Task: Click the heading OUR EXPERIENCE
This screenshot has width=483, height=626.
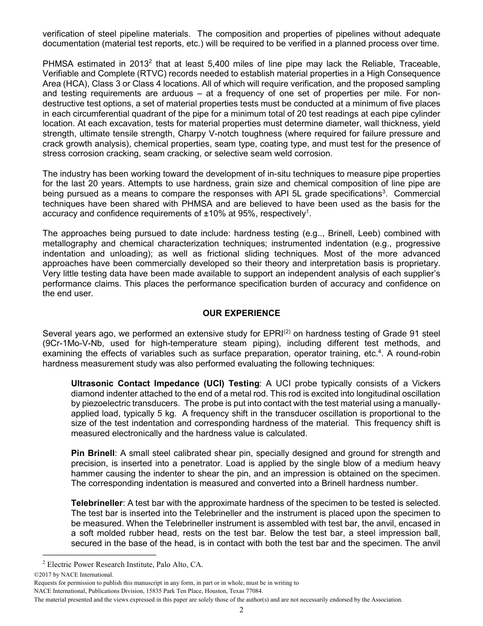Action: (x=241, y=313)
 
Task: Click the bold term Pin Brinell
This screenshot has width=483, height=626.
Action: (x=93, y=453)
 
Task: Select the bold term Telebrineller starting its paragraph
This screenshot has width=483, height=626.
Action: (x=97, y=503)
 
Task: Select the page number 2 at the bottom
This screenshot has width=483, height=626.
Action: (x=242, y=610)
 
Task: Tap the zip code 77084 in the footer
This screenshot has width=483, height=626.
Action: (x=253, y=591)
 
